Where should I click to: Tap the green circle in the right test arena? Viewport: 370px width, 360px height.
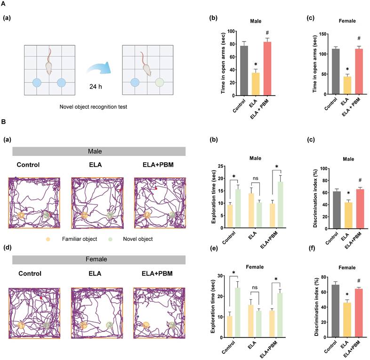[161, 82]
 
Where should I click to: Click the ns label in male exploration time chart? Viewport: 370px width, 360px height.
[256, 178]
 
